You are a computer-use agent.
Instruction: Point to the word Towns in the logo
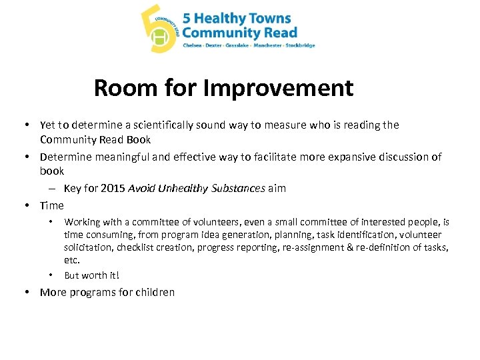[x=273, y=18]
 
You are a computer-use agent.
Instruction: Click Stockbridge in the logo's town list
[x=299, y=45]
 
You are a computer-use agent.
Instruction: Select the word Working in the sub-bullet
[x=82, y=222]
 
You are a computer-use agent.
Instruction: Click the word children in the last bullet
[x=152, y=292]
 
